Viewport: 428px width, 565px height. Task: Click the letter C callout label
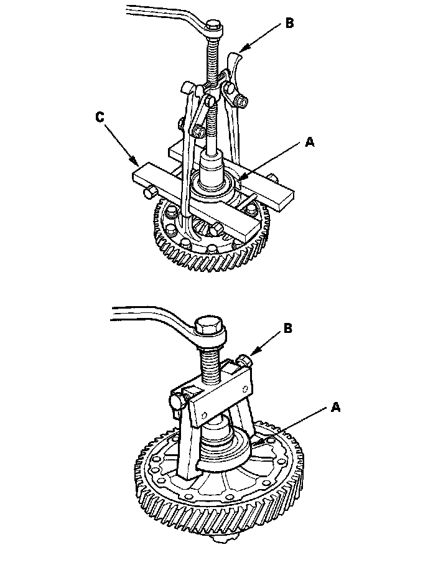100,116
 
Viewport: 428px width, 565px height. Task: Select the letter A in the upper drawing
309,142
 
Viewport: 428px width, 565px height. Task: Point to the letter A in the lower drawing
336,407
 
